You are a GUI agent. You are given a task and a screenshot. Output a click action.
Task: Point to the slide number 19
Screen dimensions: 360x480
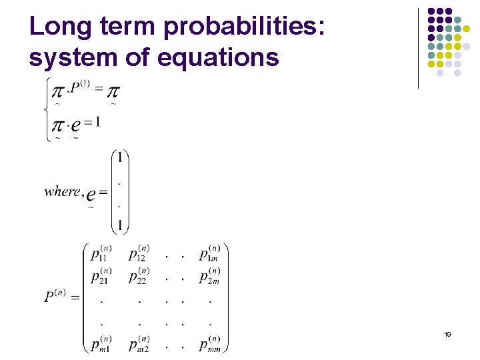(x=448, y=335)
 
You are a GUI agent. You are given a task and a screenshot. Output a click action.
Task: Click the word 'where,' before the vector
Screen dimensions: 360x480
(x=63, y=192)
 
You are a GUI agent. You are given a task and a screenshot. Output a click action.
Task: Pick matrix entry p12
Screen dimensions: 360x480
(x=139, y=254)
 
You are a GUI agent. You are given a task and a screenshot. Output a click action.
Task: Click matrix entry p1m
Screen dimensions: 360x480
(x=210, y=254)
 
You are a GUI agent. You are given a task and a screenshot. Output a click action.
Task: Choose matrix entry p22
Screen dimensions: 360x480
(x=139, y=276)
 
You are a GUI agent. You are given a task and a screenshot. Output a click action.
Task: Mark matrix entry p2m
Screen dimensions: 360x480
(x=210, y=276)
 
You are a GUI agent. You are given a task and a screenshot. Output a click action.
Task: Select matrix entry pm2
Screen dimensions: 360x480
(x=139, y=343)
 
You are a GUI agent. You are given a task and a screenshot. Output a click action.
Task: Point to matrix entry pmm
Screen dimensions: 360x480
(x=211, y=343)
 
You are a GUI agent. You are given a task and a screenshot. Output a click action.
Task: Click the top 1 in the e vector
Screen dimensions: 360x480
(x=119, y=158)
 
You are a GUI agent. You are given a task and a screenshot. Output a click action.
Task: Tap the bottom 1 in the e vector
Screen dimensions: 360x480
(x=119, y=225)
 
